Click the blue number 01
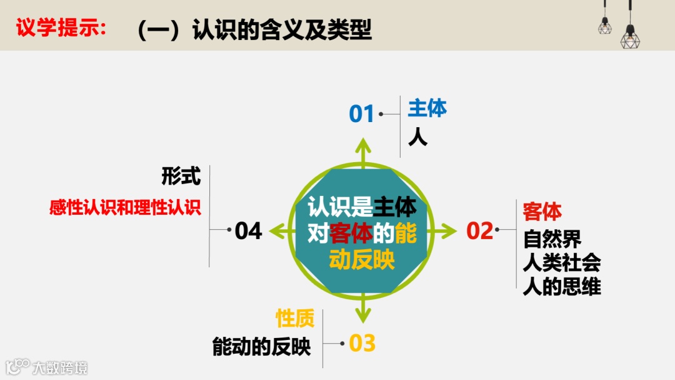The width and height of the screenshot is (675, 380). click(361, 115)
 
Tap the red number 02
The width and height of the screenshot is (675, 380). click(480, 231)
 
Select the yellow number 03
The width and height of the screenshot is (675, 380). click(362, 343)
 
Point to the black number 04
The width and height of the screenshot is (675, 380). click(248, 231)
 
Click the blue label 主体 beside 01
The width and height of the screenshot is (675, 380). click(427, 108)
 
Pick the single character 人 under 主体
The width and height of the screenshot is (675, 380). click(417, 136)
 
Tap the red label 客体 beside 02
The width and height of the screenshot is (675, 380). click(542, 212)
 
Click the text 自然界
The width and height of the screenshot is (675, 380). click(552, 239)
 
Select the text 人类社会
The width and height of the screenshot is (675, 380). click(562, 263)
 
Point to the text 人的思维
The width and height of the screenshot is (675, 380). click(562, 287)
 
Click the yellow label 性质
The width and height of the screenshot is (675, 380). click(295, 319)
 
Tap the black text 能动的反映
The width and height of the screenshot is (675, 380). click(261, 347)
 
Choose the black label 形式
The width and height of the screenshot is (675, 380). click(181, 176)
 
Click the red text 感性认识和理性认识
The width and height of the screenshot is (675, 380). click(126, 208)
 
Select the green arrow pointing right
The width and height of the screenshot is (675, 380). click(445, 231)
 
